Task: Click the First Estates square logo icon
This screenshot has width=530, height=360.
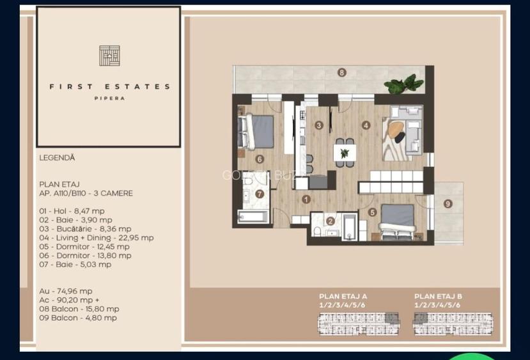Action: point(109,56)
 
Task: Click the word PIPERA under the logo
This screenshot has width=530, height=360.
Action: point(109,98)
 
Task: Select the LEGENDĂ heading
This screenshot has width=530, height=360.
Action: point(57,157)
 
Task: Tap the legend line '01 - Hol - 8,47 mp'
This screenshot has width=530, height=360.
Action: point(72,210)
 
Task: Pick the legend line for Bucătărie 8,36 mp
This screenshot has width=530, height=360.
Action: point(85,228)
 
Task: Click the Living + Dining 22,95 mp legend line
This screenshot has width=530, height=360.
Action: point(96,237)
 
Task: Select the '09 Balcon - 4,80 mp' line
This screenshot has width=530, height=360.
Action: point(78,317)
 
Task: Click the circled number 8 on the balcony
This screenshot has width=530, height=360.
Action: point(342,73)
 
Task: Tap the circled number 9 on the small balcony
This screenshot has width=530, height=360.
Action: point(448,204)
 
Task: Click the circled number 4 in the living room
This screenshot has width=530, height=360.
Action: point(366,125)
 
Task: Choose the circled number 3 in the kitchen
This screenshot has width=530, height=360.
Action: point(319,125)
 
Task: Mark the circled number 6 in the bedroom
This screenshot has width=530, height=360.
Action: point(260,160)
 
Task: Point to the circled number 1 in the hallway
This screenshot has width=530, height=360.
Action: point(306,200)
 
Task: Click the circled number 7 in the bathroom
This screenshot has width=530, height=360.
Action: point(260,194)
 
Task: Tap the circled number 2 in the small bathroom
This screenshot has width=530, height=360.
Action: point(331,221)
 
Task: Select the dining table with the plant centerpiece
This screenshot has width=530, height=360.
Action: point(345,152)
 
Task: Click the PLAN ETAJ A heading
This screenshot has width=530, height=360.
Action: point(343,296)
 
